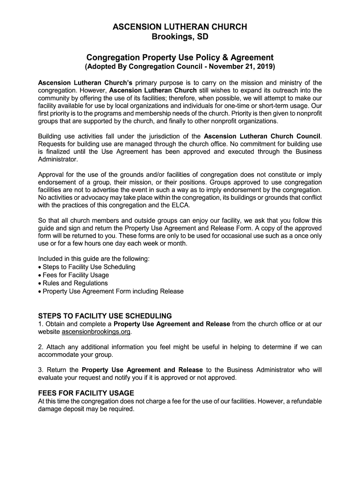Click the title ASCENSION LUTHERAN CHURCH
180,27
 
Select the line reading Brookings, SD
180,37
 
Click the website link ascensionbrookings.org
96,332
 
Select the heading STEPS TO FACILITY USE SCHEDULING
105,316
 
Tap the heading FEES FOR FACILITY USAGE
86,393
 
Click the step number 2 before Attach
40,347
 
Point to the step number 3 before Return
40,370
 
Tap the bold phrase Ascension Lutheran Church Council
262,136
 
